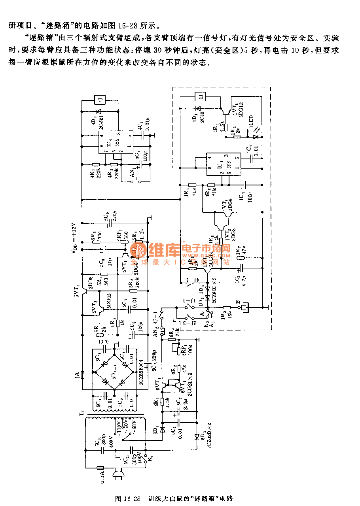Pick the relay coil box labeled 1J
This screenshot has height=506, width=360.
point(201,96)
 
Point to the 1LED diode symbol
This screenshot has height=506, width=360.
point(256,137)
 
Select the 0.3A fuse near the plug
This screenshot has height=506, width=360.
point(100,468)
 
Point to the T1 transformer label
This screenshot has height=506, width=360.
point(81,413)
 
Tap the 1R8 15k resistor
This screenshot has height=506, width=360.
point(227,307)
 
